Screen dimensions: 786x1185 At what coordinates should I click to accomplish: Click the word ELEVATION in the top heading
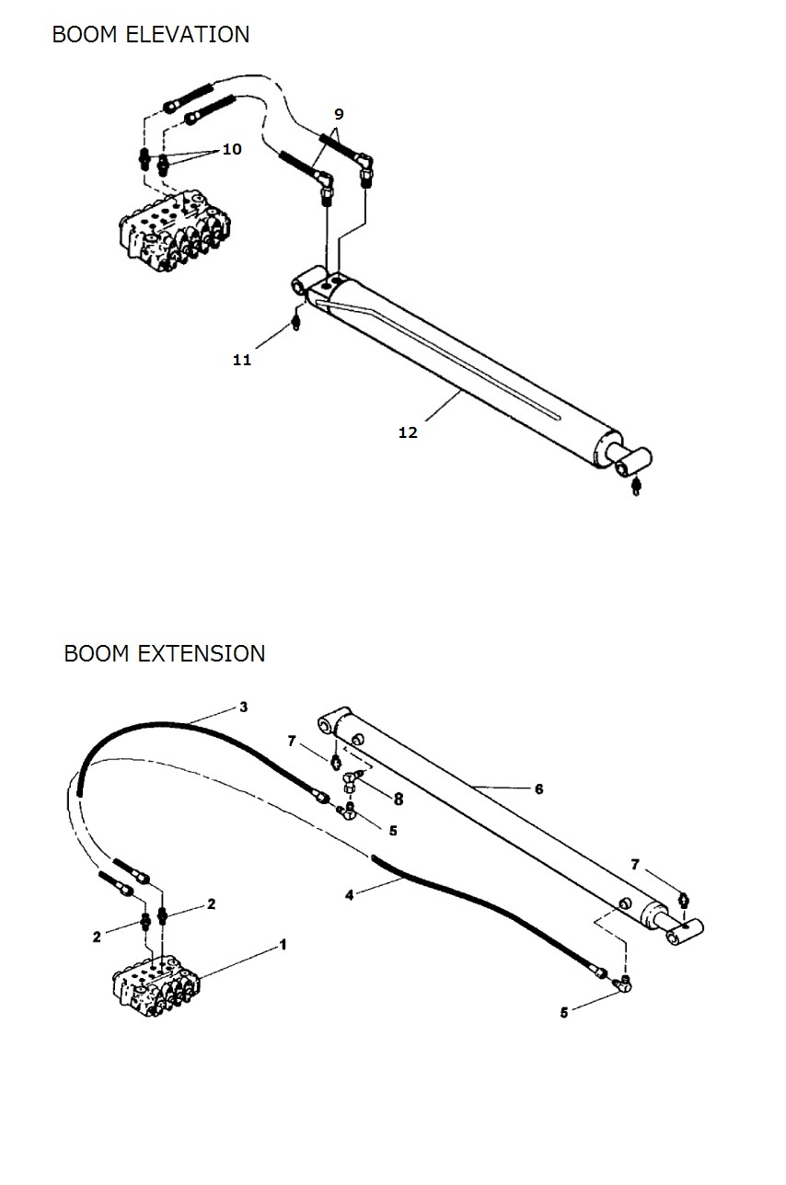tap(188, 35)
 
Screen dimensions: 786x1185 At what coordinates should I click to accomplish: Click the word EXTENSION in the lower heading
tap(202, 654)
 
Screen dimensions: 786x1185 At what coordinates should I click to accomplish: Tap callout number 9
tap(339, 114)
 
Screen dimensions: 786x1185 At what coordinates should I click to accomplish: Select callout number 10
tap(232, 149)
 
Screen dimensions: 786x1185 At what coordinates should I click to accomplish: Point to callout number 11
tap(242, 360)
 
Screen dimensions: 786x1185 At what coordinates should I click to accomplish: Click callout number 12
tap(408, 432)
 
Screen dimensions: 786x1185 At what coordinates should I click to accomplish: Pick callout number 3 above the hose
tap(244, 707)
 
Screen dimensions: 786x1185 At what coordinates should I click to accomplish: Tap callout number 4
tap(350, 895)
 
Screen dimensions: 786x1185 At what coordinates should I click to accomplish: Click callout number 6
tap(538, 788)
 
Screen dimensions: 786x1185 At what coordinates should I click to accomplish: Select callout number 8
tap(399, 799)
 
